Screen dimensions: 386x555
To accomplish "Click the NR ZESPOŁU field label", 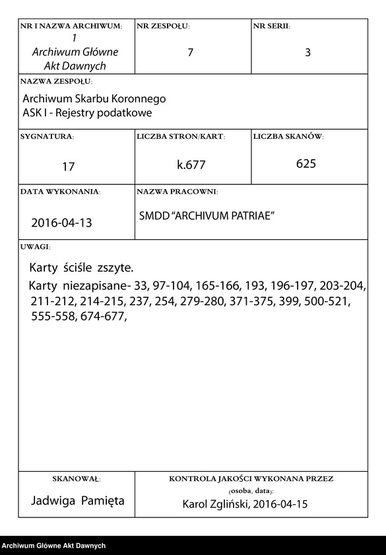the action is [163, 26].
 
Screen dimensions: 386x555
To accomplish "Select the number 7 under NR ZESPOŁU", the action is [190, 52].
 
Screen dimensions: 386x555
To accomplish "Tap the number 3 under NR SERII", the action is [307, 53].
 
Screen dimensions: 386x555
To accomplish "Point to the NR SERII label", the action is [271, 26].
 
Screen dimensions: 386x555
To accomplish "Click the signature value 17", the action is [69, 166].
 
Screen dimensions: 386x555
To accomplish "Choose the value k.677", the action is [191, 165].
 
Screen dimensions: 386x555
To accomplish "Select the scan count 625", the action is [306, 164].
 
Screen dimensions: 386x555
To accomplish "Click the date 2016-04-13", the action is [61, 223].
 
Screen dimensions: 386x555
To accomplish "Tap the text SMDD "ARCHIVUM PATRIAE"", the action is [207, 216].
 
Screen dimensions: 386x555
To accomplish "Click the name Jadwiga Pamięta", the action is [78, 501].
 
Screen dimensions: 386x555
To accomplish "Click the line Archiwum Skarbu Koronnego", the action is [94, 99].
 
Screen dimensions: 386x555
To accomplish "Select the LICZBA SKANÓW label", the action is [288, 136].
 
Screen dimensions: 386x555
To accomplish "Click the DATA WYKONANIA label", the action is [60, 192].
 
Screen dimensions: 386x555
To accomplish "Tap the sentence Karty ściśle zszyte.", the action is [81, 268].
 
